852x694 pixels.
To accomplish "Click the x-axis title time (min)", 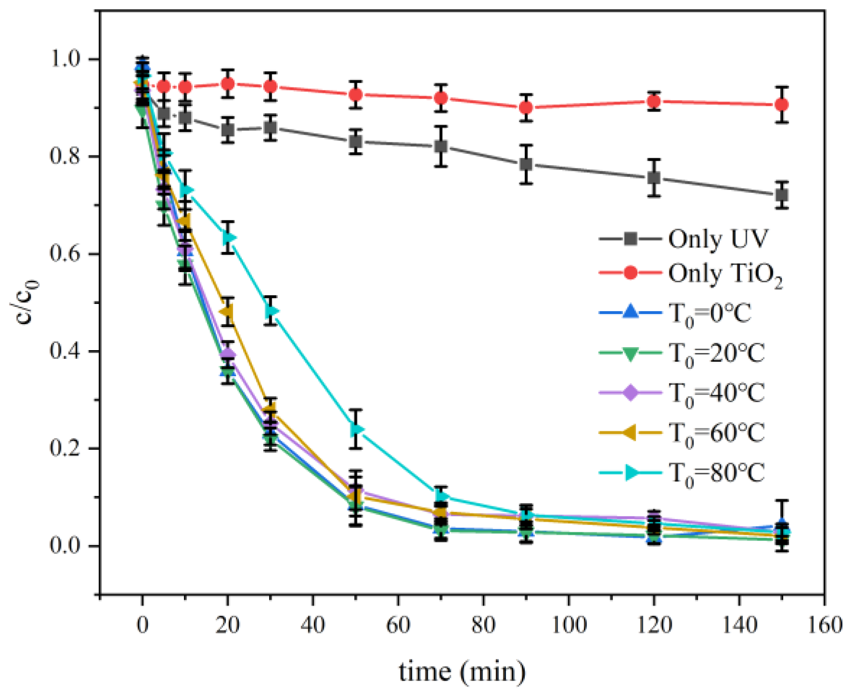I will pos(462,671).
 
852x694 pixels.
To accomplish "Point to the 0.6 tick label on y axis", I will pos(65,253).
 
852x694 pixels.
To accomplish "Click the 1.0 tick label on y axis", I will pos(65,59).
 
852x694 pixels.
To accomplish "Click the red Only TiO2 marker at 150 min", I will pos(782,105).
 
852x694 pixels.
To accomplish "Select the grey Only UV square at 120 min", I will pos(654,178).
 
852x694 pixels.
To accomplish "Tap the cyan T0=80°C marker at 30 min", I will pos(272,311).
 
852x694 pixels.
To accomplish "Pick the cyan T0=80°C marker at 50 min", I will pos(356,429).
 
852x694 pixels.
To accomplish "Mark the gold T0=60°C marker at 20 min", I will pos(227,312).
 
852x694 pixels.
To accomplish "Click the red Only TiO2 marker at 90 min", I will pos(526,108).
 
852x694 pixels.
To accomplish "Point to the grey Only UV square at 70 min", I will pos(441,147).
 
